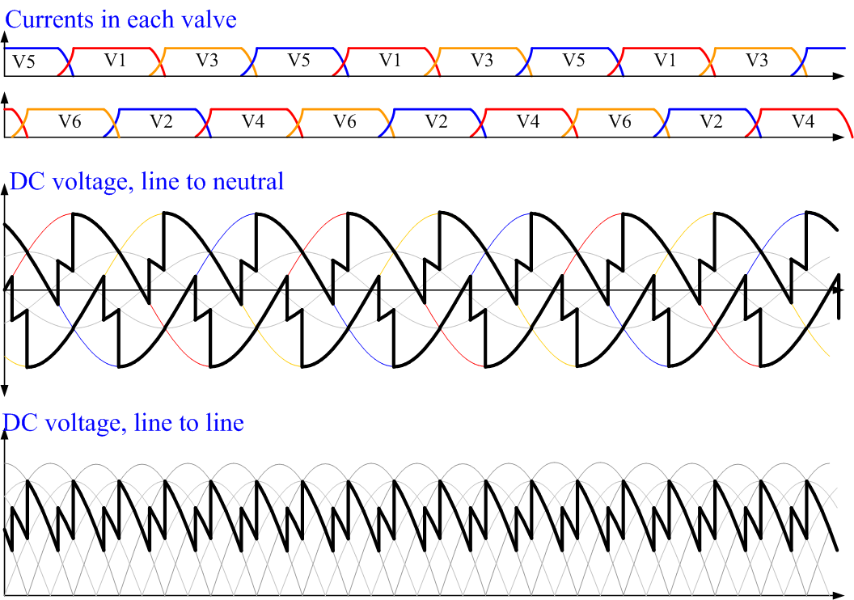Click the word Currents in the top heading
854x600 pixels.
(x=49, y=19)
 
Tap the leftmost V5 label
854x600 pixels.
(x=23, y=61)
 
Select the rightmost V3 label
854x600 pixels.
(x=756, y=60)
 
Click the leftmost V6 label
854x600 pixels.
(x=70, y=120)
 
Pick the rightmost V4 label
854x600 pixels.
(x=803, y=120)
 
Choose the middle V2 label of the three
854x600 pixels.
(x=436, y=120)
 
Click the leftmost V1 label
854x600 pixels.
(x=116, y=60)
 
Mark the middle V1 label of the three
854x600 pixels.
(x=390, y=60)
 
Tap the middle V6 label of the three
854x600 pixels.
(x=345, y=120)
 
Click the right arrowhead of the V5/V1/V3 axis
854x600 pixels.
(x=839, y=76)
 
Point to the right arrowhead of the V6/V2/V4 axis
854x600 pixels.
(x=839, y=137)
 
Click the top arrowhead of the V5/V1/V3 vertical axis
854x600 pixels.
(x=5, y=37)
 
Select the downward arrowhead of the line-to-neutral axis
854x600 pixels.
(x=4, y=391)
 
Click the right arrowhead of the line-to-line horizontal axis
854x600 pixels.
(x=839, y=595)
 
